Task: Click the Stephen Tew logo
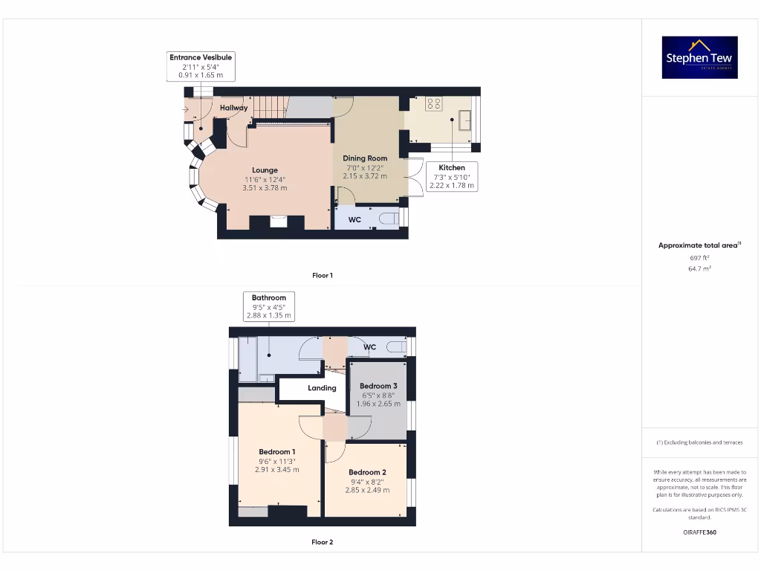pos(699,57)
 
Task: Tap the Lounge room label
pos(265,170)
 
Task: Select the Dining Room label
pos(365,158)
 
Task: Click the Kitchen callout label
pos(452,176)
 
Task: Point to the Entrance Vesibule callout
pos(201,66)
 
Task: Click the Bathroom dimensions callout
pos(268,306)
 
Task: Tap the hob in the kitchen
pos(433,105)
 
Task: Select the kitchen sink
pos(465,120)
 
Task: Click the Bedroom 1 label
pos(276,452)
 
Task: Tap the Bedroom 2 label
pos(367,473)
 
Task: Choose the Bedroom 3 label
pos(378,386)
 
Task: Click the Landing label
pos(322,388)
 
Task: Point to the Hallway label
pos(233,108)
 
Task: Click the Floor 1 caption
pos(322,275)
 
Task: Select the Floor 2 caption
pos(322,542)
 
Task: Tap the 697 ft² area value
pos(699,257)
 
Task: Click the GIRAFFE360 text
pos(699,532)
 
